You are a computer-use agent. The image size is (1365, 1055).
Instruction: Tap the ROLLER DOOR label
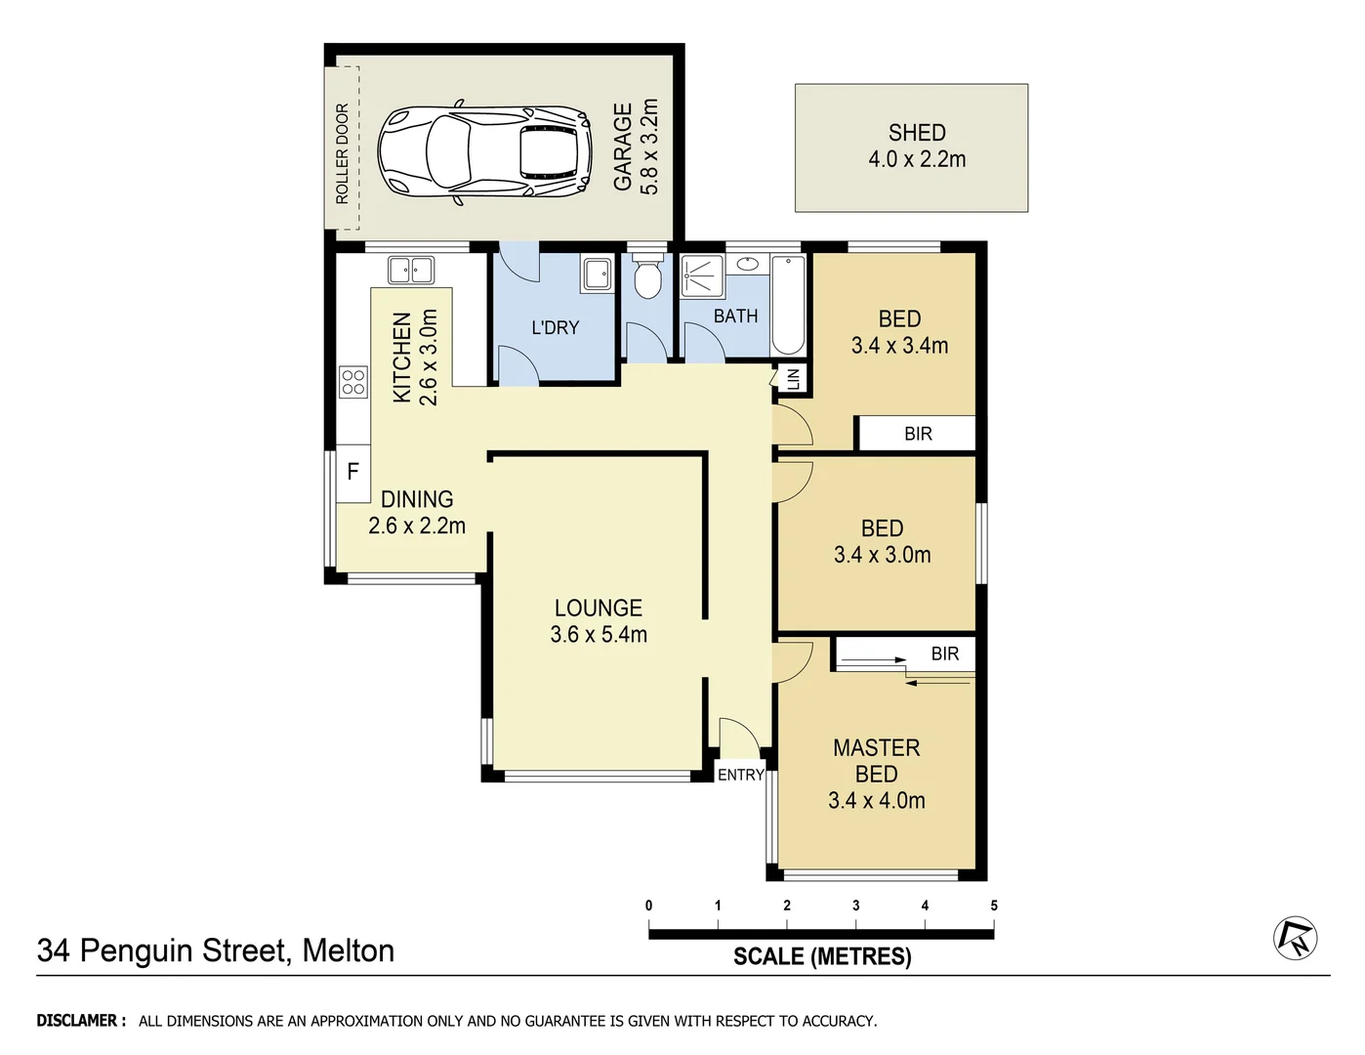pos(342,153)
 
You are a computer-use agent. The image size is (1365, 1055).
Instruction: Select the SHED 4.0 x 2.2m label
pos(916,147)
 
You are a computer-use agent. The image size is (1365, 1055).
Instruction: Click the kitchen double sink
pos(410,269)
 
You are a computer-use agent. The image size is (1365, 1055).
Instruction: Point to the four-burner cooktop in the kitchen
pos(352,382)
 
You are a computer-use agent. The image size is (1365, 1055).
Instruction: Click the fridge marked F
pos(352,472)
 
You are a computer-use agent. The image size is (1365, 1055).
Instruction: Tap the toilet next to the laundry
pos(646,277)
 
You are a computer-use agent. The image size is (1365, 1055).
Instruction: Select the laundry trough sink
pos(597,274)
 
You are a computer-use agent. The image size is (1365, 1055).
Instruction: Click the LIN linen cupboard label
pos(793,378)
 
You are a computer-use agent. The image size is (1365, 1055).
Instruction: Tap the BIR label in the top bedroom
pos(918,434)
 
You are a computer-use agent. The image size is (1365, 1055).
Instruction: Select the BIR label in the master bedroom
pos(944,654)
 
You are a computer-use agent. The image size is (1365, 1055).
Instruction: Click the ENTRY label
pos(740,775)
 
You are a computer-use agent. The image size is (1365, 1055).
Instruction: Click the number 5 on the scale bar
pos(994,906)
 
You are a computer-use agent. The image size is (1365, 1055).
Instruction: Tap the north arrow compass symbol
pos(1295,938)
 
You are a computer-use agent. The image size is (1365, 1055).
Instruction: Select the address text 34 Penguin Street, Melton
pos(216,950)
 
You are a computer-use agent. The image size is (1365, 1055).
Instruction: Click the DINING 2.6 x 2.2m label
pos(417,513)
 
